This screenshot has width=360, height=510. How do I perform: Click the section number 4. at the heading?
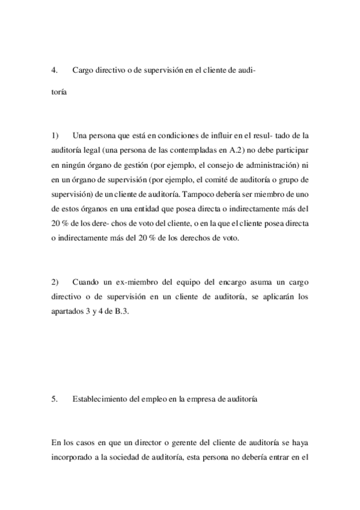(x=54, y=70)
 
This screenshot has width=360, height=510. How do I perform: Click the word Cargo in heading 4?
(x=82, y=70)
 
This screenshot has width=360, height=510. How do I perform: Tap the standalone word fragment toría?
(x=59, y=93)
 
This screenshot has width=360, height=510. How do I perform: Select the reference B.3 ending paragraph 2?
(x=122, y=311)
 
